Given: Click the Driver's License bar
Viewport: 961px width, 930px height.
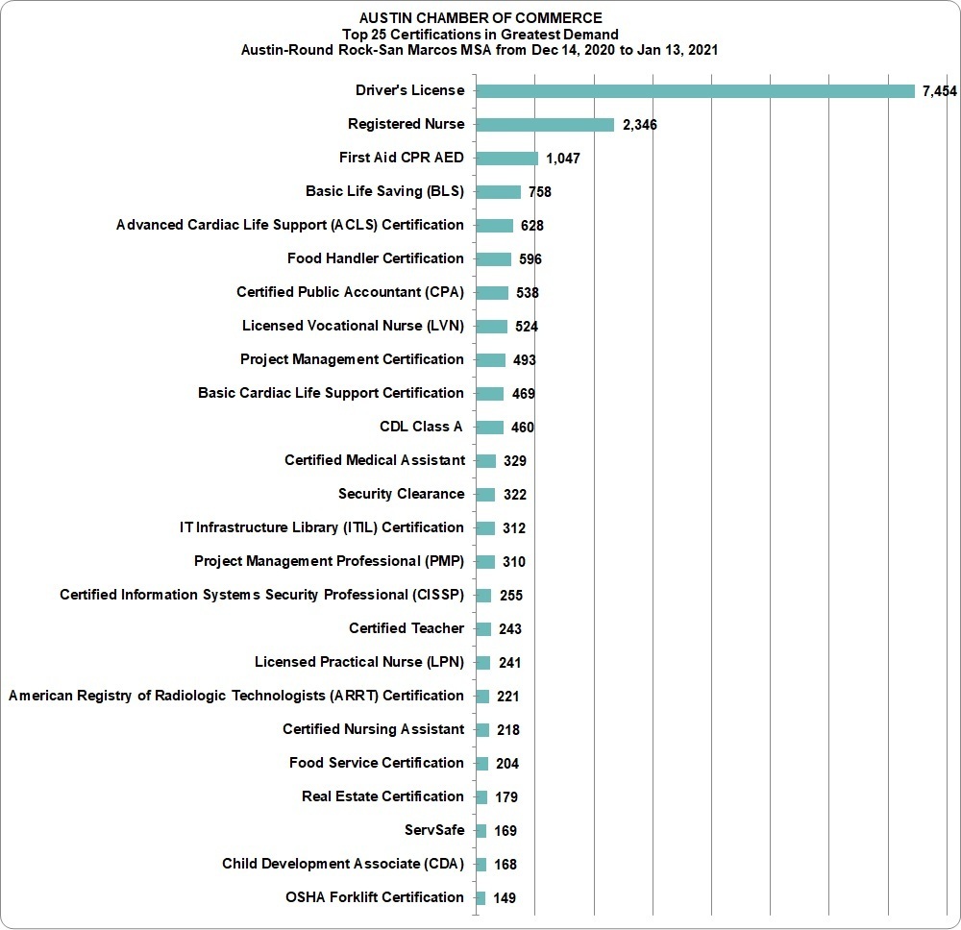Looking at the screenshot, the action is pyautogui.click(x=695, y=91).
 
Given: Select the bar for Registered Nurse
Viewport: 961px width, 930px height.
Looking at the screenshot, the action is pyautogui.click(x=545, y=125).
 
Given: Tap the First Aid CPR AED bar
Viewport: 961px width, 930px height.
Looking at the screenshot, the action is pyautogui.click(x=506, y=159).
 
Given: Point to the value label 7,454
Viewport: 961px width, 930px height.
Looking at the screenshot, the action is pyautogui.click(x=939, y=91).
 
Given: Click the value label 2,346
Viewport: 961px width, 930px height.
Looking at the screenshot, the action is pyautogui.click(x=640, y=125).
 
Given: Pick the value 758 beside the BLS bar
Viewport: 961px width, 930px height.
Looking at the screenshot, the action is pyautogui.click(x=540, y=192).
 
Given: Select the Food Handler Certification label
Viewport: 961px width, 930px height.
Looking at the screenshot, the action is pyautogui.click(x=375, y=258).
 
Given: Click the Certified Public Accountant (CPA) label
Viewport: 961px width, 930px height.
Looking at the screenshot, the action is pyautogui.click(x=350, y=292).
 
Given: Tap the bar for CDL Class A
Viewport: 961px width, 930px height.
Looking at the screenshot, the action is pyautogui.click(x=490, y=428).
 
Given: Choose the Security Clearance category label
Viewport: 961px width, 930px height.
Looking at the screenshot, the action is pyautogui.click(x=402, y=494).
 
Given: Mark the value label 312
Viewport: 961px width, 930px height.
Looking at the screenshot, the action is pyautogui.click(x=514, y=528).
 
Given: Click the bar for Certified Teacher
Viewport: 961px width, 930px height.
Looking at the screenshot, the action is pyautogui.click(x=483, y=629).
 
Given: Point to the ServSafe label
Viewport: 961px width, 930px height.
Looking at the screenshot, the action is pyautogui.click(x=434, y=830).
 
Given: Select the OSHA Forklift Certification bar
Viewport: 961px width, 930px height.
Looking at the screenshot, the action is pyautogui.click(x=480, y=898).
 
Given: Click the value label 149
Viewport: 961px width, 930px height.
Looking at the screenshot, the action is pyautogui.click(x=505, y=898).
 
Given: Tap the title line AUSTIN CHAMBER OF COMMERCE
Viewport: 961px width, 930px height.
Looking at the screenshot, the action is pyautogui.click(x=480, y=18).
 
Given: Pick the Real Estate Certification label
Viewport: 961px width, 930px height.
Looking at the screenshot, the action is pyautogui.click(x=382, y=796).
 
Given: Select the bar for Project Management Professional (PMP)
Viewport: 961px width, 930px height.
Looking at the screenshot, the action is pyautogui.click(x=485, y=562).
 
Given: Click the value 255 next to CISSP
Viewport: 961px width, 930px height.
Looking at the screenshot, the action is pyautogui.click(x=511, y=596).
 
